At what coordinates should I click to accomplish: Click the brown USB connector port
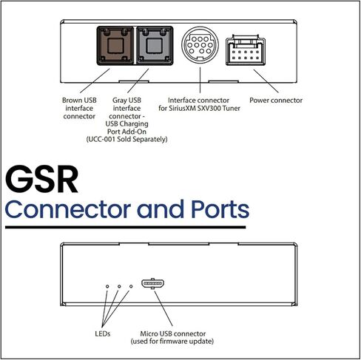pyautogui.click(x=115, y=46)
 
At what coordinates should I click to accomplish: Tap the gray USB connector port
pyautogui.click(x=155, y=46)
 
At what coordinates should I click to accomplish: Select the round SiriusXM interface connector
pyautogui.click(x=200, y=45)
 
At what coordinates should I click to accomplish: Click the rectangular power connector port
pyautogui.click(x=246, y=51)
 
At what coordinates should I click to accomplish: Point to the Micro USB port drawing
pyautogui.click(x=153, y=283)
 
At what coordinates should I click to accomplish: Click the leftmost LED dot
pyautogui.click(x=107, y=286)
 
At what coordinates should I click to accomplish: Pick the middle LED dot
pyautogui.click(x=119, y=286)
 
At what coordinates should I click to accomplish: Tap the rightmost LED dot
pyautogui.click(x=131, y=286)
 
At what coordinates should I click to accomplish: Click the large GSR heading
pyautogui.click(x=41, y=179)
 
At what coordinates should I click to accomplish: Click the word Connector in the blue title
pyautogui.click(x=68, y=209)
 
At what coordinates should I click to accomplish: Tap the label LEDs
pyautogui.click(x=103, y=333)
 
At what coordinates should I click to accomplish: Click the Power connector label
pyautogui.click(x=276, y=101)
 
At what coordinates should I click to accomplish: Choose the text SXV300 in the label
pyautogui.click(x=209, y=108)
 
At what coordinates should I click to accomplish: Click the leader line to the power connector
pyautogui.click(x=266, y=81)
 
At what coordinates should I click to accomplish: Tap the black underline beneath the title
pyautogui.click(x=126, y=227)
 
